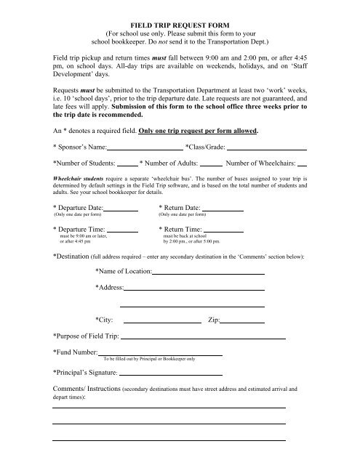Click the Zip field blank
click(x=242, y=320)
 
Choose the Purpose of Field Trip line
click(x=202, y=339)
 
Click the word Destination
click(x=74, y=257)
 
